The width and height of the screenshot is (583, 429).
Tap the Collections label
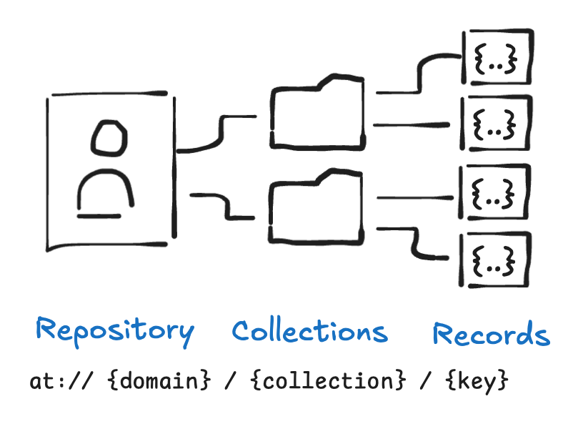[309, 332]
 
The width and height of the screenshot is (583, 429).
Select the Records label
[491, 335]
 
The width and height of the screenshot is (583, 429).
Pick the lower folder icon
[316, 204]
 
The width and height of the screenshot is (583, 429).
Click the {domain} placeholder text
[159, 381]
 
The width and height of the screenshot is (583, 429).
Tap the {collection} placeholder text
[323, 381]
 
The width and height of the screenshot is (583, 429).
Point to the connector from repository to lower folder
[221, 205]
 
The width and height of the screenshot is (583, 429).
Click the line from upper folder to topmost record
[422, 75]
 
